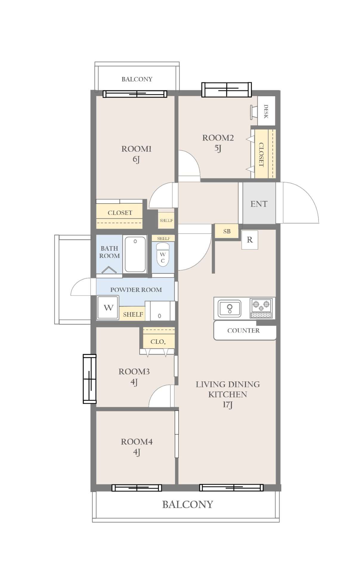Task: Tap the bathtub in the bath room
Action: coord(135,254)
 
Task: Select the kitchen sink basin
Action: coord(229,308)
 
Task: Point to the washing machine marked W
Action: coord(108,308)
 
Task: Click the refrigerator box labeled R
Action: coord(250,240)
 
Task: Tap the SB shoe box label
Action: coord(227,231)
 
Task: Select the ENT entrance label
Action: coord(259,204)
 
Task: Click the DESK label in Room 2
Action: coord(266,111)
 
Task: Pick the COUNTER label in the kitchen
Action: coord(243,330)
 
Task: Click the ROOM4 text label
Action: coord(137,442)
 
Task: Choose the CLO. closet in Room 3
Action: coord(158,338)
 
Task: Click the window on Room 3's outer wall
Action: coord(89,379)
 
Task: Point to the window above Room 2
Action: coord(227,90)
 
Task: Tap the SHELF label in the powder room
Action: coord(133,314)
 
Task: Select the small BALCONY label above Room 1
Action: coord(137,79)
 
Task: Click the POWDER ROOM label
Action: coord(136,289)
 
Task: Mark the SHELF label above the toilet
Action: coord(163,238)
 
